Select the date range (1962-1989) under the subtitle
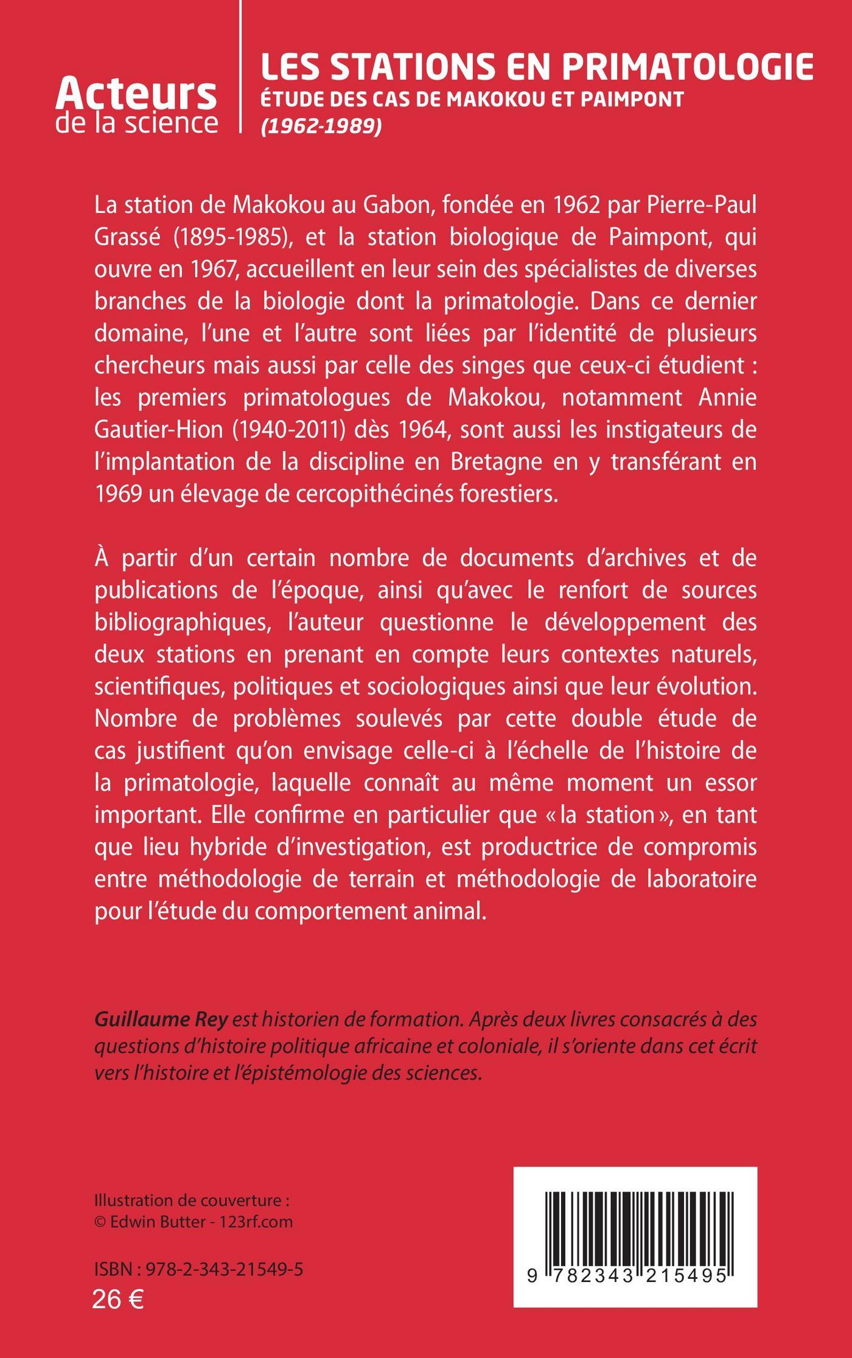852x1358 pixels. click(x=321, y=126)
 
